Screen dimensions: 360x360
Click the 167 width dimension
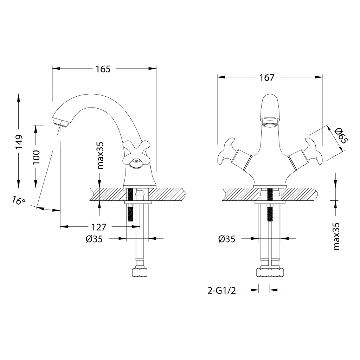tap(267, 78)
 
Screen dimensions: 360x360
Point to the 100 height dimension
tap(36, 156)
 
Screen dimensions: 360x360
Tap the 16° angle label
tap(18, 201)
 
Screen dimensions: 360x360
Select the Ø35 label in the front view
tap(227, 239)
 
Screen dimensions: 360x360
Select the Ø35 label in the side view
tap(94, 239)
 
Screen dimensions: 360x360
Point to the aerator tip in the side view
tap(61, 123)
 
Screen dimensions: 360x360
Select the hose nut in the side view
tap(140, 272)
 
